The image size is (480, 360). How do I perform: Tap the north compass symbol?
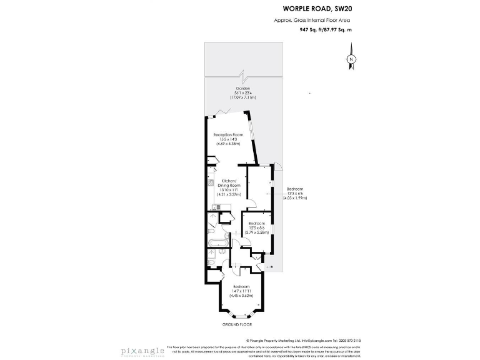tap(351, 59)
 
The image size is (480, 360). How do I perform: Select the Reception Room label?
tap(227, 135)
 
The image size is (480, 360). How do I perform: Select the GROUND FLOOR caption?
tap(237, 326)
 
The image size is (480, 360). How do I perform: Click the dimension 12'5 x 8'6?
tap(256, 228)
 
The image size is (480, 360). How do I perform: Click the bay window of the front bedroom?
tap(240, 316)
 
